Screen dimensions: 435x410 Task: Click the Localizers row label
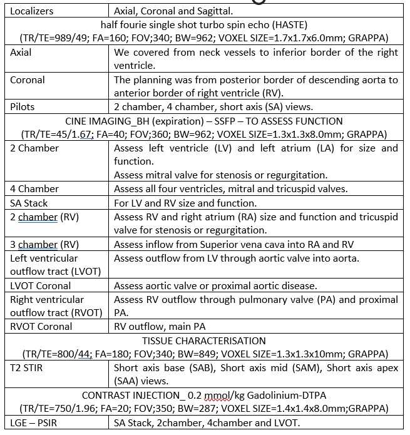(x=32, y=11)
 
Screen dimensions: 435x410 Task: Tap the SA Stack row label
(x=29, y=203)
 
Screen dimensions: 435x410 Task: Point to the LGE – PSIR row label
(x=36, y=423)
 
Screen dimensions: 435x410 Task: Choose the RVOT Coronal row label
(x=41, y=326)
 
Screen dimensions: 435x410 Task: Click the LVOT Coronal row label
(x=41, y=285)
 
